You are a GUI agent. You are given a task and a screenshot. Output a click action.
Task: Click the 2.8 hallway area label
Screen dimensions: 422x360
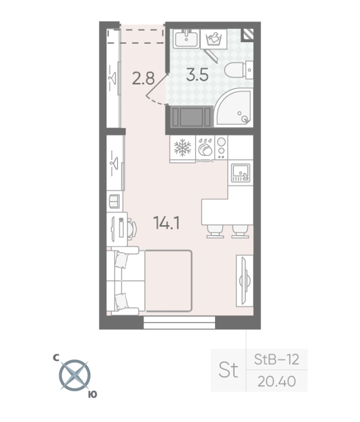[x=143, y=79]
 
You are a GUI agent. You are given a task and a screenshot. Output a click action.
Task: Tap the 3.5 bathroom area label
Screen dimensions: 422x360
[x=198, y=74]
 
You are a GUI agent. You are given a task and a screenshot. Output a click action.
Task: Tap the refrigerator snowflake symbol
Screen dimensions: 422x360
[x=182, y=148]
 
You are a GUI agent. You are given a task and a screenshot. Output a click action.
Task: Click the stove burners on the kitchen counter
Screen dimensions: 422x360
[x=221, y=148]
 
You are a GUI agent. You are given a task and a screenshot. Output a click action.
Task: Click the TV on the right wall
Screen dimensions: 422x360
[x=244, y=280]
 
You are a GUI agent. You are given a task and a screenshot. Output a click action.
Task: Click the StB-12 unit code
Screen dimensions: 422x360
[x=276, y=360]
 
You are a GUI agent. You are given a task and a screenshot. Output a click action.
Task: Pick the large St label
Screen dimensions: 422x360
[x=228, y=370]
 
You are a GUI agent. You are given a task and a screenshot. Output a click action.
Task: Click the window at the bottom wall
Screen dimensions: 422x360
[x=179, y=323]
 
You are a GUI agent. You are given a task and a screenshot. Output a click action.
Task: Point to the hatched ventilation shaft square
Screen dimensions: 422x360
[x=248, y=35]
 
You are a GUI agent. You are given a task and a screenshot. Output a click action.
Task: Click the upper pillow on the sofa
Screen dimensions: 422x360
[x=122, y=260]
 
